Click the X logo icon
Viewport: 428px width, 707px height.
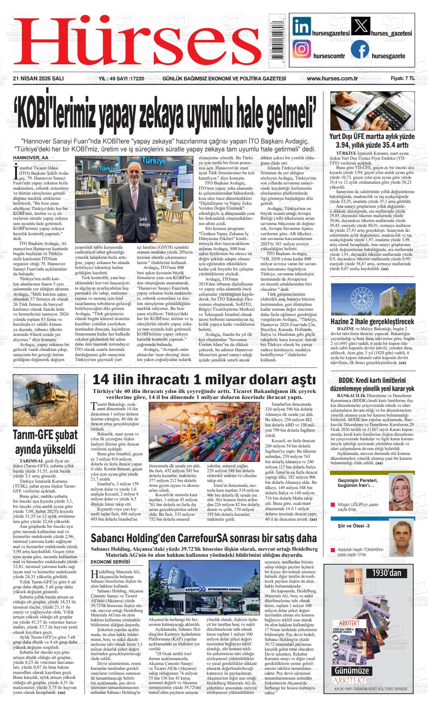(360, 26)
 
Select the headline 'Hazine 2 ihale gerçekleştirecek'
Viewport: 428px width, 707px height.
(372, 321)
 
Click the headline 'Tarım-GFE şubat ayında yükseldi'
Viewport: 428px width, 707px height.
(45, 441)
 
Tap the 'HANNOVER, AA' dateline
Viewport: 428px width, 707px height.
(29, 157)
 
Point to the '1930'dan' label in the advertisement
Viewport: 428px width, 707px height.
(387, 573)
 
